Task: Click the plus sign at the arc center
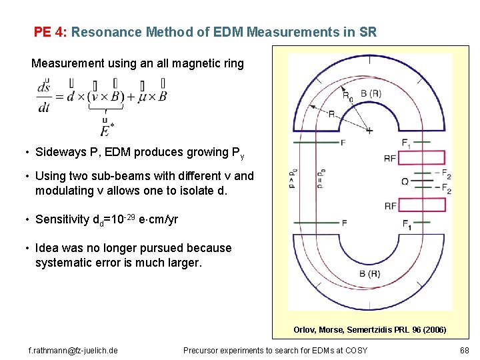click(x=369, y=131)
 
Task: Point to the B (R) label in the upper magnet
click(x=371, y=93)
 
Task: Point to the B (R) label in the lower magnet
click(x=371, y=273)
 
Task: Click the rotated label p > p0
click(x=292, y=181)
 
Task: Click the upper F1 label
click(x=406, y=143)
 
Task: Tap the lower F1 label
click(x=406, y=224)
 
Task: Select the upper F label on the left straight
click(x=343, y=143)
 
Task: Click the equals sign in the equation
click(x=59, y=97)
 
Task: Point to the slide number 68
click(x=464, y=349)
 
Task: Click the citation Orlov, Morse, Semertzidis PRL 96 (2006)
click(x=370, y=329)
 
